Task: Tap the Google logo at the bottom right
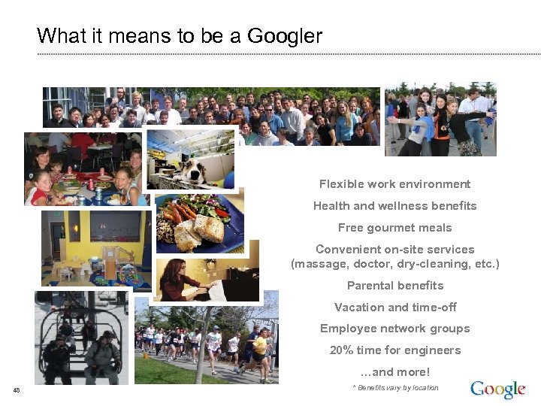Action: point(497,389)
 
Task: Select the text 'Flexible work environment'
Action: point(394,184)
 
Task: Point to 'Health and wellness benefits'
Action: point(394,206)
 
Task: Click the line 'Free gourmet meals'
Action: point(394,228)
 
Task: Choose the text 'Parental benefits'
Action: point(395,286)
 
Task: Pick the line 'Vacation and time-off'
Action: point(395,308)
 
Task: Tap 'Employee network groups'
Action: point(395,329)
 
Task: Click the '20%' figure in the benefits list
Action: point(342,350)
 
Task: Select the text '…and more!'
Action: point(395,372)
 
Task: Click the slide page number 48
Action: point(17,389)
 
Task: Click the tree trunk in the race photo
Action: point(202,346)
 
